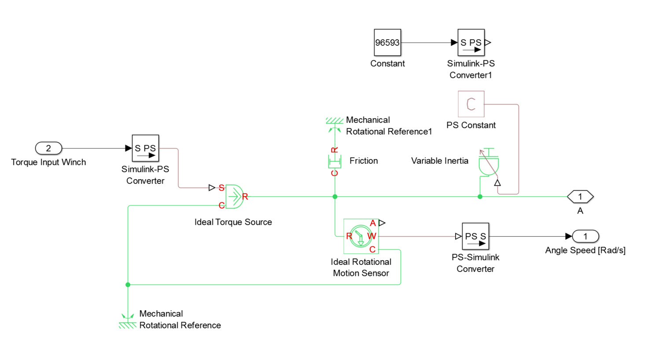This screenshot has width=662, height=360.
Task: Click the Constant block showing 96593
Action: click(387, 43)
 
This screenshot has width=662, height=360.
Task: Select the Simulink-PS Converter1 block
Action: click(471, 43)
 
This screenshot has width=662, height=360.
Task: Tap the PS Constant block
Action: click(471, 104)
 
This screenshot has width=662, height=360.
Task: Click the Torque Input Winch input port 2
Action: click(48, 148)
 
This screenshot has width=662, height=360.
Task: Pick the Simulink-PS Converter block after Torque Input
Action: click(145, 148)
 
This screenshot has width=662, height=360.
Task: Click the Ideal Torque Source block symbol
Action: click(234, 197)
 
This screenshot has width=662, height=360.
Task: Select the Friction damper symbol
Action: click(335, 162)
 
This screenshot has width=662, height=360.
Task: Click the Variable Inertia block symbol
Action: click(489, 164)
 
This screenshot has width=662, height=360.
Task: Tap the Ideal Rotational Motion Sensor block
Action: click(361, 236)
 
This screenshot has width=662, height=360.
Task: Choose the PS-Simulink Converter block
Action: click(475, 236)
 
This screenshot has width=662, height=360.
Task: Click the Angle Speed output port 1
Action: click(585, 236)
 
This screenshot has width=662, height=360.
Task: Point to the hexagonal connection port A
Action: click(580, 197)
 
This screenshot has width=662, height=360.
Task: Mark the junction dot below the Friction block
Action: click(335, 197)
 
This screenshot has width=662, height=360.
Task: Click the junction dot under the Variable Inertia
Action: click(480, 197)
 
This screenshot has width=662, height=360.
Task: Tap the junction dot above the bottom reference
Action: click(128, 285)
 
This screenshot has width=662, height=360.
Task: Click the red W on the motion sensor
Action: click(372, 236)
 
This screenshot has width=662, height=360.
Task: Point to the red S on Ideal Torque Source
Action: click(221, 188)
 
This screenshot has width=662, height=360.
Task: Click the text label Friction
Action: click(364, 161)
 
